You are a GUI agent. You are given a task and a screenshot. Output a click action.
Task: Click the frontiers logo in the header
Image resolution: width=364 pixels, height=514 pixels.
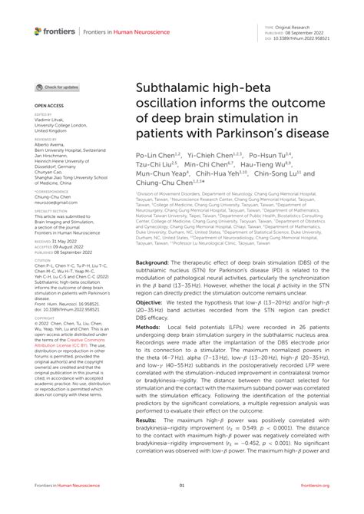54,31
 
